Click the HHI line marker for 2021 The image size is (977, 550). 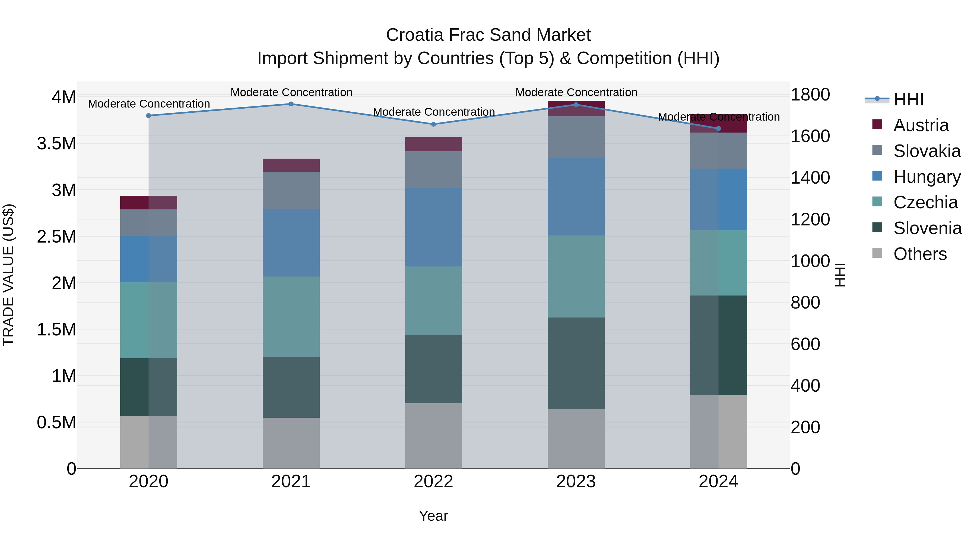click(291, 104)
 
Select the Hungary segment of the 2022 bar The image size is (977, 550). click(433, 227)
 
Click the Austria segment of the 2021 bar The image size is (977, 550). click(291, 165)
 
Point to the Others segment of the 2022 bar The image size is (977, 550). click(433, 435)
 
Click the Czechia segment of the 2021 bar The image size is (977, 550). click(291, 317)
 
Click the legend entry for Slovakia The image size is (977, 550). click(927, 151)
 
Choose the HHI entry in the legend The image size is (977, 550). click(908, 99)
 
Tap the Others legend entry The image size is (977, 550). click(920, 254)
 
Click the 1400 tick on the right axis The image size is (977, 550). click(810, 178)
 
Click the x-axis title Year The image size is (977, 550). click(433, 516)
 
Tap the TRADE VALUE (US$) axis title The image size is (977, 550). click(8, 275)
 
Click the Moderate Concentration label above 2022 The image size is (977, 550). click(433, 112)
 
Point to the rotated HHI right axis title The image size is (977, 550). click(840, 275)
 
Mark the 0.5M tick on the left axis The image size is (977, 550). click(56, 422)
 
